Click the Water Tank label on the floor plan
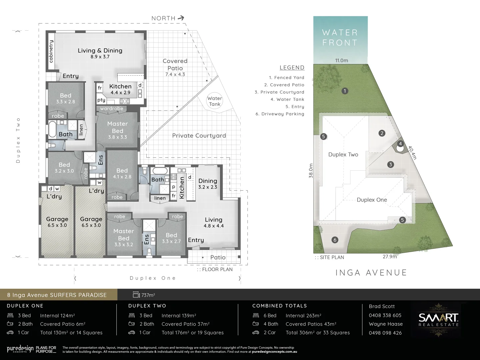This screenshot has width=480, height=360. click(x=214, y=101)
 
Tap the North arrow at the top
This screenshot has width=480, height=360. click(x=181, y=18)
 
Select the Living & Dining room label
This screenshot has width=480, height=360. click(x=100, y=51)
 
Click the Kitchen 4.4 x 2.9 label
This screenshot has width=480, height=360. click(x=120, y=89)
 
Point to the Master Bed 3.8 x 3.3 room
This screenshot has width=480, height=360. click(x=117, y=130)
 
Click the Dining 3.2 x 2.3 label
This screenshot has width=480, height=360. click(x=208, y=183)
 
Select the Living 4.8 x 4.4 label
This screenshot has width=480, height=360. click(x=213, y=222)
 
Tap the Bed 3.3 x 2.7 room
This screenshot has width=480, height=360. click(x=171, y=238)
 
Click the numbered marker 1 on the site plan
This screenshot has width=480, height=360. click(x=345, y=91)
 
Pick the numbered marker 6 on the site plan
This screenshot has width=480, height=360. click(x=335, y=240)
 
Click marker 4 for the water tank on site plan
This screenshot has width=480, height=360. click(x=400, y=144)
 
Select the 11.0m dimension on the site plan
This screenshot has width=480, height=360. click(x=341, y=60)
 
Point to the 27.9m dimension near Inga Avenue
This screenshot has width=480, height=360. click(x=390, y=257)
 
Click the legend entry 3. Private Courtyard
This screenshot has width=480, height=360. click(x=279, y=92)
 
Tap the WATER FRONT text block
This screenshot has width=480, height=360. click(x=340, y=38)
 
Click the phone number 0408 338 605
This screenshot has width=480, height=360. click(x=385, y=315)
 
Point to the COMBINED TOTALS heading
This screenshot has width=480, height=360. click(x=279, y=306)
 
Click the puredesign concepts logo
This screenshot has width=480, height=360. click(x=20, y=349)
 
